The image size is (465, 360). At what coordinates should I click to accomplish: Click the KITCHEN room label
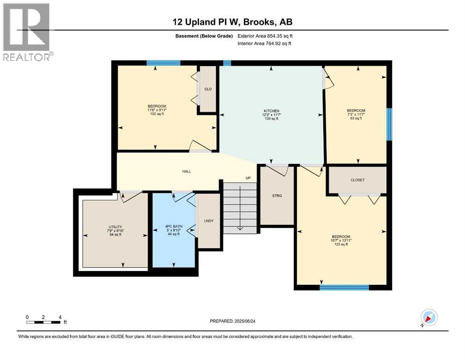point(271,111)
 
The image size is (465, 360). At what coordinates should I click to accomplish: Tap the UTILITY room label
point(115,227)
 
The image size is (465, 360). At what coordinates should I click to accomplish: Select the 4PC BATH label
point(174,226)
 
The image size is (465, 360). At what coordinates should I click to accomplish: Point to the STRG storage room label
point(277,196)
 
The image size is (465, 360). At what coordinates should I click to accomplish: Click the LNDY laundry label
point(209,221)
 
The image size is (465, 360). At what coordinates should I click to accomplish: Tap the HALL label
point(186,171)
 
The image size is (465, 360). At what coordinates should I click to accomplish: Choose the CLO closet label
point(208,89)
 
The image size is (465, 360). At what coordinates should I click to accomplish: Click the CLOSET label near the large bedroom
point(357,180)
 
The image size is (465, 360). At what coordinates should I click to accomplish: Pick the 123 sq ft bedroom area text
point(341,244)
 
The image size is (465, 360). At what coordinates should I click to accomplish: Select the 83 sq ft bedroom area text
point(356,118)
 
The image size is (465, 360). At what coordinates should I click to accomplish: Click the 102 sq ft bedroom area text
point(157,113)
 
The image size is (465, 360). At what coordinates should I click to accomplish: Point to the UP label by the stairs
point(248,178)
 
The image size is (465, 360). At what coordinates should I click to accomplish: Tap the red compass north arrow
point(428,318)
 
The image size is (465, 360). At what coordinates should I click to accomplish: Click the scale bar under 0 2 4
point(43,322)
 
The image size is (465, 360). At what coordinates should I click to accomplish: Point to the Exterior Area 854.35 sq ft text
point(265,36)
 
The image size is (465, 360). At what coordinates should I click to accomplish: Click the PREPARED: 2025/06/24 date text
point(232,321)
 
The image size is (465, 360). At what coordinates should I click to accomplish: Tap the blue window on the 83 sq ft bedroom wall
point(389,124)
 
